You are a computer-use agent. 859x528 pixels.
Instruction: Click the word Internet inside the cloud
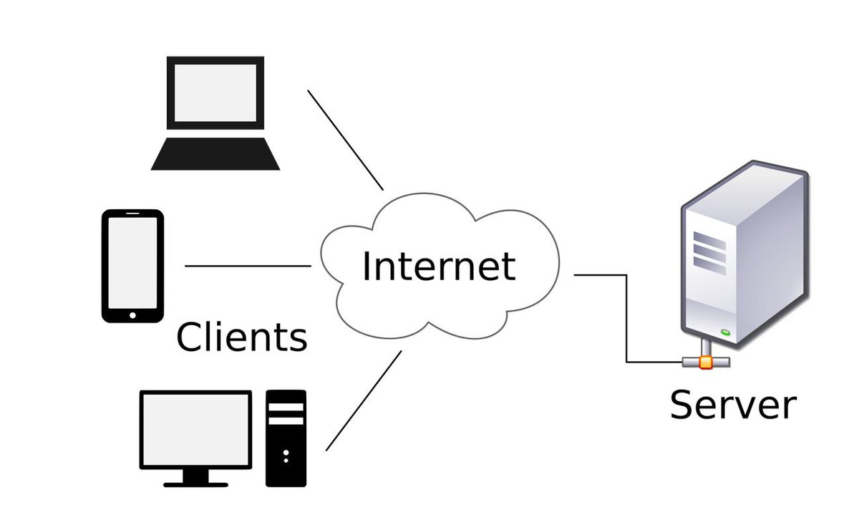438,266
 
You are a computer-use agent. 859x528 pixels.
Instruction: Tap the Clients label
242,337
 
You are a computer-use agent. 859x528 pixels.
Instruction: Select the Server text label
732,405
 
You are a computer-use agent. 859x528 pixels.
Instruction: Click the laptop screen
215,92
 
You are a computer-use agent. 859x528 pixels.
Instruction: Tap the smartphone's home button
132,313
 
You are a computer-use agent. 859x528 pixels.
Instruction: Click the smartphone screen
132,261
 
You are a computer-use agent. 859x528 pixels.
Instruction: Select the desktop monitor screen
195,428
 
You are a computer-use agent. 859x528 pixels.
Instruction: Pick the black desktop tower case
286,459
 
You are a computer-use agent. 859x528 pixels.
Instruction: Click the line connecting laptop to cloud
346,140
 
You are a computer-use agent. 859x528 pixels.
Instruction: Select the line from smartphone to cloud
248,266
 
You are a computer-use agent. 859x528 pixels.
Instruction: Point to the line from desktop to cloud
364,400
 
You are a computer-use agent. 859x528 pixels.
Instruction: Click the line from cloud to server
627,315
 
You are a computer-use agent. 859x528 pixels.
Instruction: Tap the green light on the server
726,332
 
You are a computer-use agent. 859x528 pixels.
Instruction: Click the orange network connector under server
706,362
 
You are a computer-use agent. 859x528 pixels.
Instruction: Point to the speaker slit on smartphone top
132,213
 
